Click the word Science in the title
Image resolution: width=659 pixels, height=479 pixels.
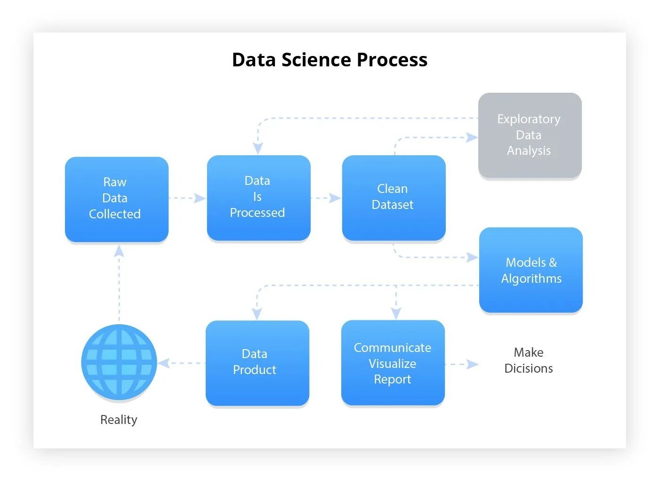pos(316,60)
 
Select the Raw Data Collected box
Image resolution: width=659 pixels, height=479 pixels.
pos(116,199)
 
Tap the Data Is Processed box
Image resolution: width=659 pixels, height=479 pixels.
pos(258,198)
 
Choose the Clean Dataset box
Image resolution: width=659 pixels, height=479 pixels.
pos(394,198)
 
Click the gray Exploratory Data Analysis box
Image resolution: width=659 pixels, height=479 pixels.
pos(530,135)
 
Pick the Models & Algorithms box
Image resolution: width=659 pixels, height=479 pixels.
pos(531,270)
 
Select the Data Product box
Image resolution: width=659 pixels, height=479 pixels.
pos(257,362)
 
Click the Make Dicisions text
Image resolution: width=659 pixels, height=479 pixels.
pos(528,360)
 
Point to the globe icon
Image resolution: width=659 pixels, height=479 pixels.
pos(119,362)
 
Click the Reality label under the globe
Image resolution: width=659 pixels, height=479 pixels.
pos(119,420)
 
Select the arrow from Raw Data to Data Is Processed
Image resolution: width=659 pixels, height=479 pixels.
pos(187,198)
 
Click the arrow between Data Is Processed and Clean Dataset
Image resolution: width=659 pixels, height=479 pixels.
pos(326,198)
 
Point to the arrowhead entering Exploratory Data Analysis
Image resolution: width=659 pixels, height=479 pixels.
pos(471,137)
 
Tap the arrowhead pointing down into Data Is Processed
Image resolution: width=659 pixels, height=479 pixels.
pos(257,148)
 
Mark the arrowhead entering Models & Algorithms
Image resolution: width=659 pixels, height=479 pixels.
pos(472,257)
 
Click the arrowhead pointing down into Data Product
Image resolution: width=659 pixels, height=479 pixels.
pos(257,313)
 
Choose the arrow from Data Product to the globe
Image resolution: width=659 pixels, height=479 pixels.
pos(181,363)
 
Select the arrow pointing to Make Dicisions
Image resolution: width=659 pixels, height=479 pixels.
pos(462,364)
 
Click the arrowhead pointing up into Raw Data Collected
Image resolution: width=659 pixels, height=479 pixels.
pos(119,251)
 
